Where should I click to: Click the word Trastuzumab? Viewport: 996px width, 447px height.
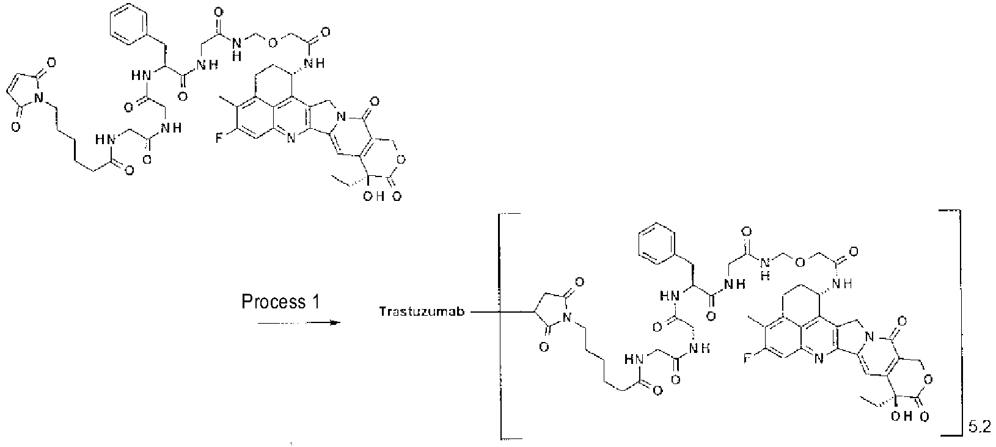coord(422,311)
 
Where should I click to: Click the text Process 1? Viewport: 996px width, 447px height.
coord(280,302)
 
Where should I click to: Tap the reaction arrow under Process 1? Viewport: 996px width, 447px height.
coord(299,323)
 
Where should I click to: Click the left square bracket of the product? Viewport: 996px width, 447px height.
coord(502,327)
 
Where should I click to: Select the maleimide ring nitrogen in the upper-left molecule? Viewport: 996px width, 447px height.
coord(40,96)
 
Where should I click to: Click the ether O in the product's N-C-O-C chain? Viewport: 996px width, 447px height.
coord(800,262)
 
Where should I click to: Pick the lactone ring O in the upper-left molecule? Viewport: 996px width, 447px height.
coord(401,159)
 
